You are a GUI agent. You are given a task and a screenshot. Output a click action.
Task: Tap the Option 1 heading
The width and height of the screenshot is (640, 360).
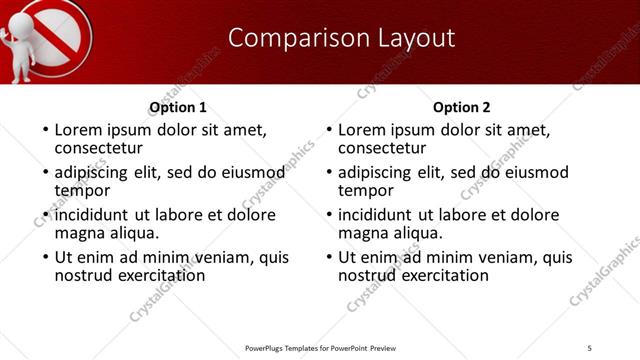click(178, 107)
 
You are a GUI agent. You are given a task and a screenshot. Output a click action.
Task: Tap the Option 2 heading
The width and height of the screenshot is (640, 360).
click(462, 107)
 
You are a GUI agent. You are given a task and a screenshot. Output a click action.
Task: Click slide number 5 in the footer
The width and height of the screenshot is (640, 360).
click(589, 347)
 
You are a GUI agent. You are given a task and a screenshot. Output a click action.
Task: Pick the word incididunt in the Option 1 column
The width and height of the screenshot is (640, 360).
click(93, 215)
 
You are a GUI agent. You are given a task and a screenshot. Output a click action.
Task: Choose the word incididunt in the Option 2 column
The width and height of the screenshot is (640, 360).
click(377, 215)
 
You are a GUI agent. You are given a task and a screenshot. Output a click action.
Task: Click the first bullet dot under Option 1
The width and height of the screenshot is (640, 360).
click(44, 130)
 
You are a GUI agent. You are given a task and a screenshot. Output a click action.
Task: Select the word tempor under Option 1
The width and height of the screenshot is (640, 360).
click(82, 189)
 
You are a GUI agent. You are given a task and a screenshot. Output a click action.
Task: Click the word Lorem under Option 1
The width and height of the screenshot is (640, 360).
click(79, 130)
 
